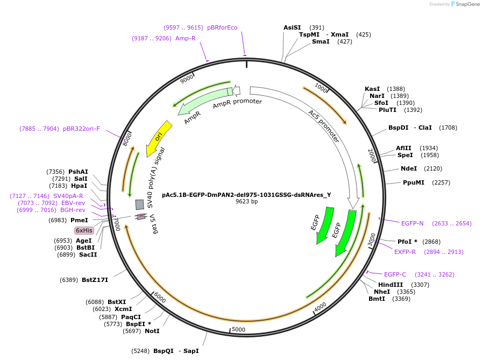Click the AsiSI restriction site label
click(x=292, y=27)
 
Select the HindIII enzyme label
click(x=391, y=285)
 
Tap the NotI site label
click(x=152, y=331)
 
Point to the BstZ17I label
click(x=95, y=280)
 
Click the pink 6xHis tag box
click(x=84, y=230)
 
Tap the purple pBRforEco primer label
click(x=222, y=27)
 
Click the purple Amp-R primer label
click(x=186, y=38)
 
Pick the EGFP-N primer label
click(x=412, y=223)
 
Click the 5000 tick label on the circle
click(x=238, y=329)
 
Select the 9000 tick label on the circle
click(x=187, y=79)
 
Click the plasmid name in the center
click(x=246, y=195)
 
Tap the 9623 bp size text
click(x=246, y=201)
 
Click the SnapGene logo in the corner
click(x=465, y=4)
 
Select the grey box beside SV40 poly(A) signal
click(x=139, y=204)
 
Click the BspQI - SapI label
click(x=176, y=351)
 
